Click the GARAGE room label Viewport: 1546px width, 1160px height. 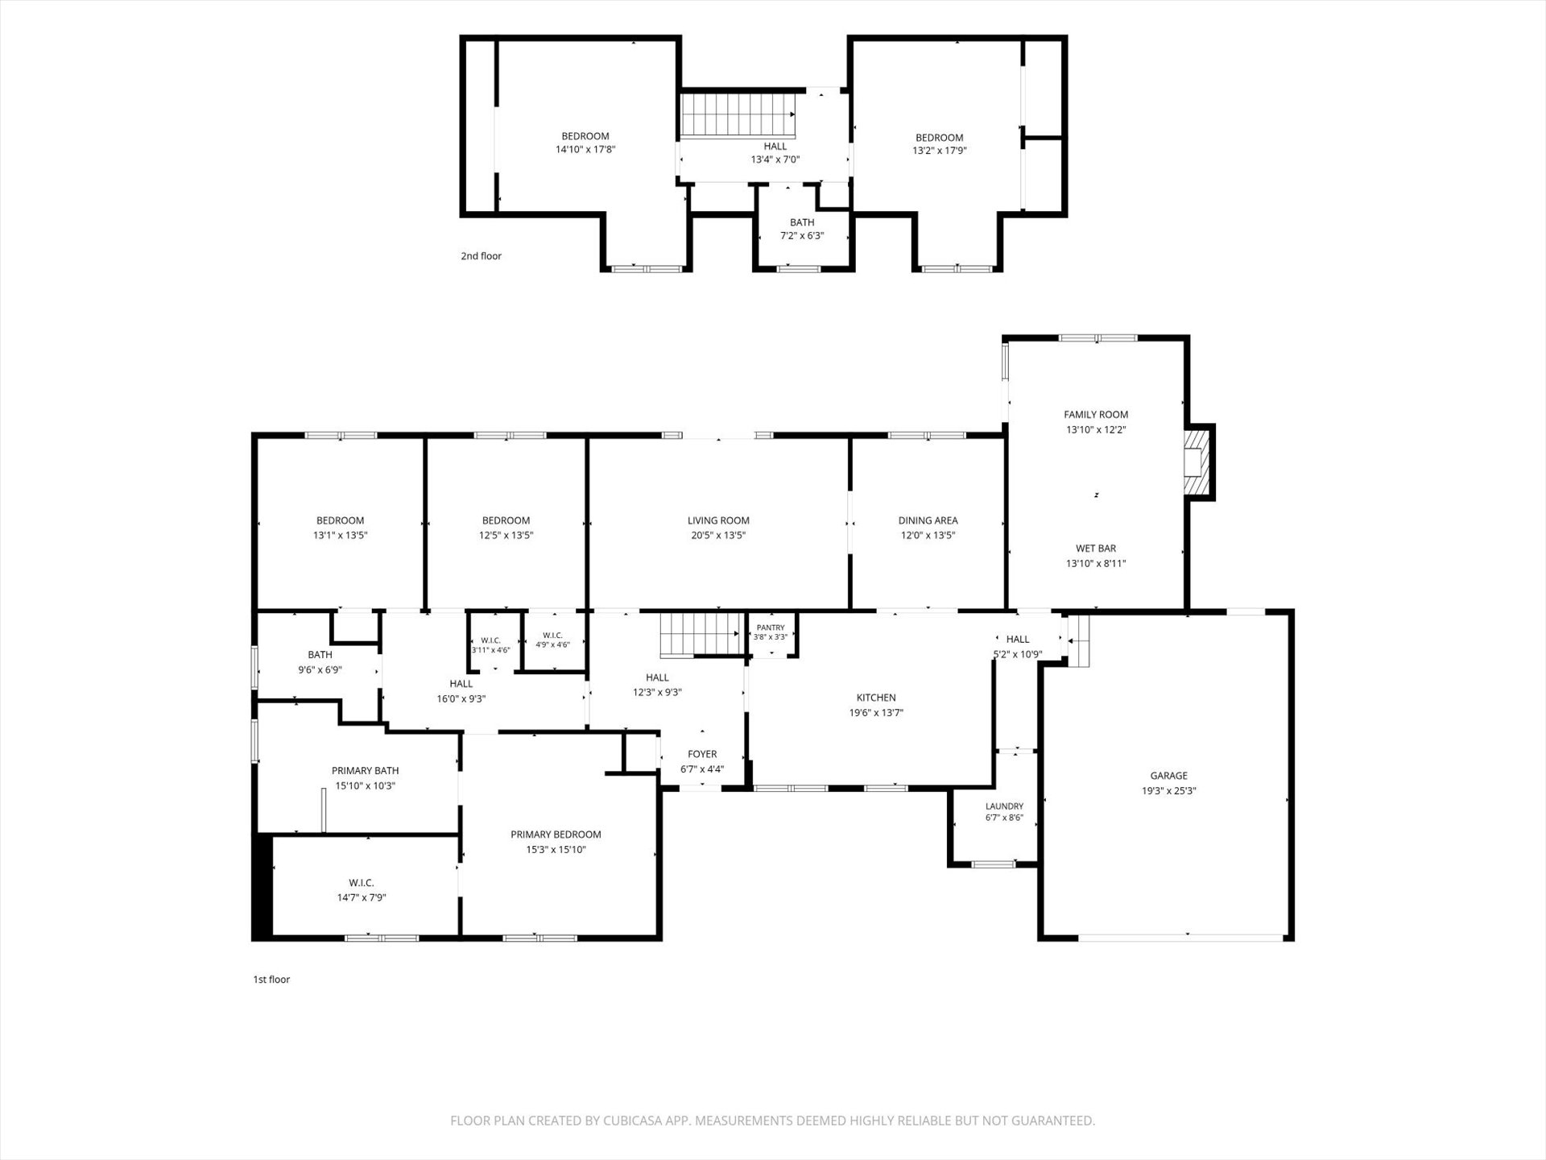pos(1168,776)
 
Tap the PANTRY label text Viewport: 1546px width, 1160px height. pos(771,628)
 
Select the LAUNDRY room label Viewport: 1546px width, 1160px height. pos(1004,806)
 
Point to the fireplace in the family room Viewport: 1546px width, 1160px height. pos(1197,462)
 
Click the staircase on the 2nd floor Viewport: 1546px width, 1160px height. pos(738,115)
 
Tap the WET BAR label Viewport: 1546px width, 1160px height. pos(1096,549)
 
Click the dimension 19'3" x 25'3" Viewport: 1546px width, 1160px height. pos(1168,791)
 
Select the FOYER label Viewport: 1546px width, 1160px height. pos(702,754)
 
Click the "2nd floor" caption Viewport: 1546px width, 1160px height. pos(481,256)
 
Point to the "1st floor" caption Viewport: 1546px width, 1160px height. pos(271,980)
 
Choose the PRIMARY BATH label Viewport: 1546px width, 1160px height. pos(365,771)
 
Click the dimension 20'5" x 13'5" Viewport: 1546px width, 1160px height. pos(718,535)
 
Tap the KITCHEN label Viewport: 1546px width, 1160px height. pos(876,698)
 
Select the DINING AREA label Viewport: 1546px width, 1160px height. pos(928,520)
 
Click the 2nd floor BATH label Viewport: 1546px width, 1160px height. pos(802,222)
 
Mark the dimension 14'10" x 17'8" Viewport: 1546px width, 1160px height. pos(585,149)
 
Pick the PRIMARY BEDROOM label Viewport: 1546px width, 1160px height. pos(556,835)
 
